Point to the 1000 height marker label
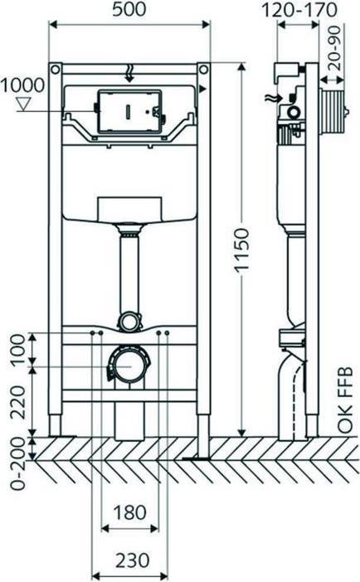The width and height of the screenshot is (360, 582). coord(25,85)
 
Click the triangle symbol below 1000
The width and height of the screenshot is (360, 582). coord(24,104)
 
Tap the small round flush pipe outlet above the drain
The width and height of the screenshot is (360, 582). coord(129,319)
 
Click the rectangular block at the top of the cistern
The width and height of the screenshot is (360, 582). coord(129,210)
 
